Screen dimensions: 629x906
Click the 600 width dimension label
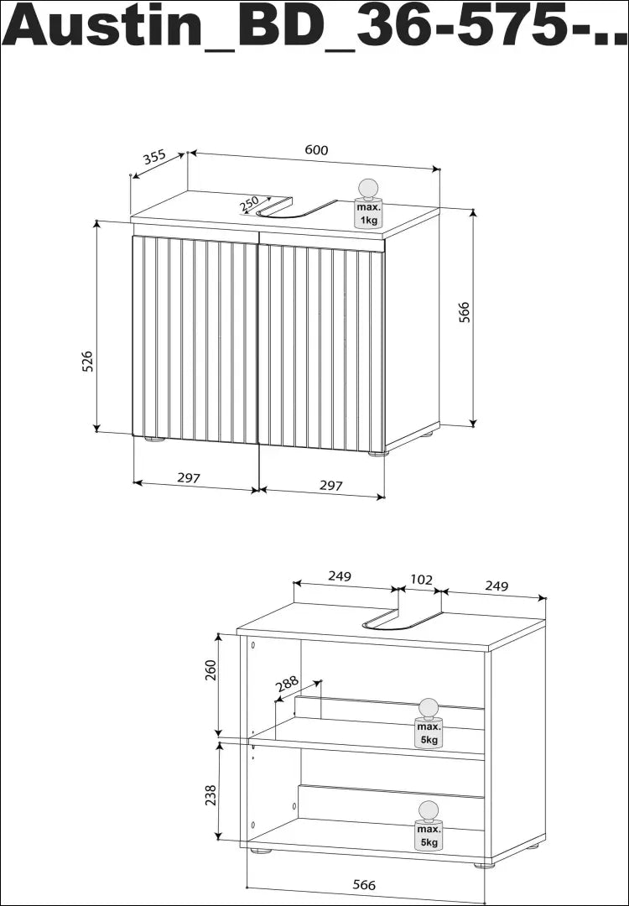point(316,150)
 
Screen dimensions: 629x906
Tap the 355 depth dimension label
point(155,157)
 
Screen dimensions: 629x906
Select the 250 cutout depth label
point(249,203)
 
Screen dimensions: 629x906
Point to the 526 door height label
point(87,362)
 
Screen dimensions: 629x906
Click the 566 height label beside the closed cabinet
point(465,312)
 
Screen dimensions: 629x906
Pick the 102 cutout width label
point(421,580)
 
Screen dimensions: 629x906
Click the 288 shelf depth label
point(287,684)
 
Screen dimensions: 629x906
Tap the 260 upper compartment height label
point(211,669)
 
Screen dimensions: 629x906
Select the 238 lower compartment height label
point(211,794)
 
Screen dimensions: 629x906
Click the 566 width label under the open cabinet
point(364,885)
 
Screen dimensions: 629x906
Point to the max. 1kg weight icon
point(368,203)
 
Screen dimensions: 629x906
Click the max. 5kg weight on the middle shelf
point(429,724)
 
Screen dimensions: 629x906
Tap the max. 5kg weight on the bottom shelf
point(429,826)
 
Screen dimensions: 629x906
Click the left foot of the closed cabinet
point(154,439)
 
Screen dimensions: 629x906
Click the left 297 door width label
point(189,478)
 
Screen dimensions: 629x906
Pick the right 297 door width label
point(331,486)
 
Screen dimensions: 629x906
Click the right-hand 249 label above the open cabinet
point(496,586)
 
